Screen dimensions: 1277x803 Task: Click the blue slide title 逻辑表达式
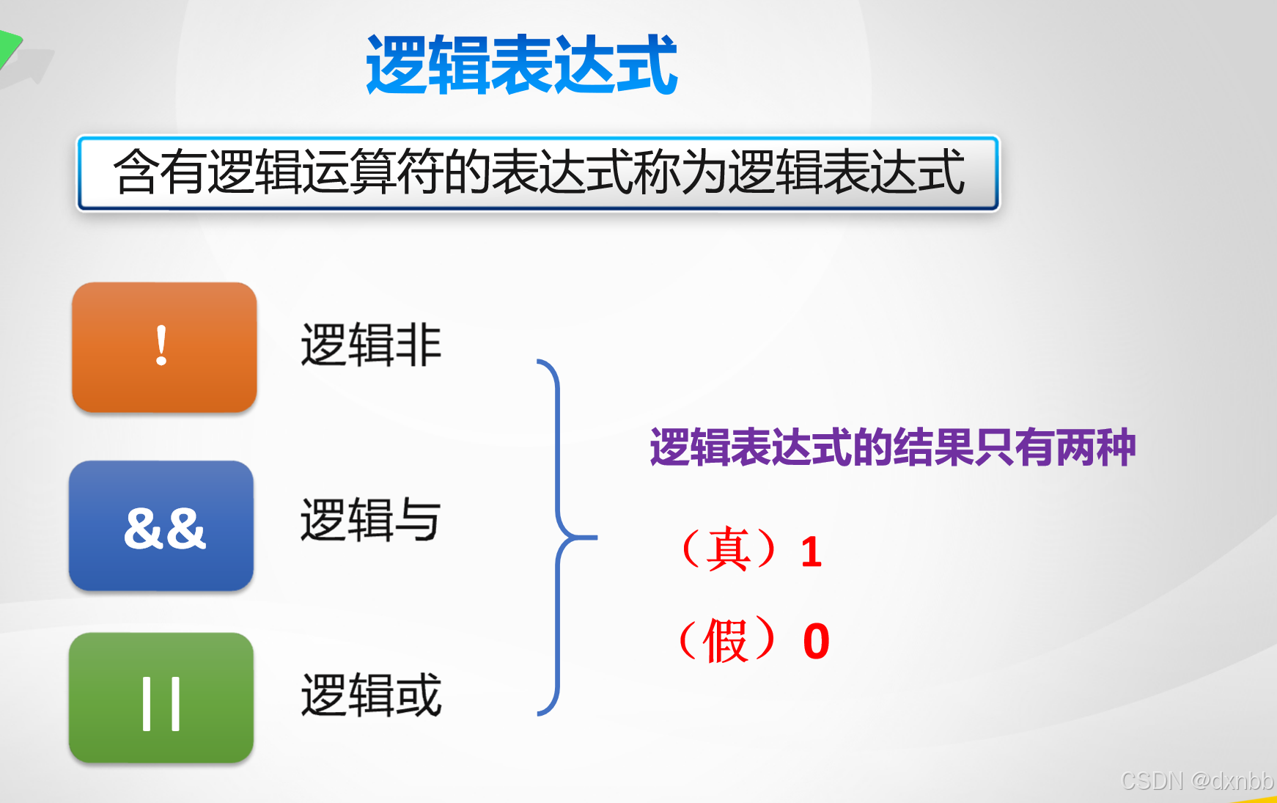coord(521,66)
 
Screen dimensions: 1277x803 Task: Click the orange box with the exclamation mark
coord(164,347)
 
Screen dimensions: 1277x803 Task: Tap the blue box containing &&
coord(161,526)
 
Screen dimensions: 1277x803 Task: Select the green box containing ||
coord(161,697)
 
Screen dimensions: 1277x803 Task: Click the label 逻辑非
coord(371,345)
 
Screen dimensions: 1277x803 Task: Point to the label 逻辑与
coord(371,520)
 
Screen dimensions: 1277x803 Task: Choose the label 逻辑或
coord(371,694)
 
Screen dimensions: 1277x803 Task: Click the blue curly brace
coord(561,538)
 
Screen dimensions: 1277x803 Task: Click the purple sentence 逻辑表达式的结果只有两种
coord(892,447)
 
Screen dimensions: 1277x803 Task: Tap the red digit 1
coord(811,552)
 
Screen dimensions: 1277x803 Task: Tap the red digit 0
coord(816,642)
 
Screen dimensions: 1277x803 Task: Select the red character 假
coord(726,640)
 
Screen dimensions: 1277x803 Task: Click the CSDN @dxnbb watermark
coord(1196,781)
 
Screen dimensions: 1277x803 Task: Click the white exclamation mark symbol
coord(161,345)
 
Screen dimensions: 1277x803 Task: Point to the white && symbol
coord(165,528)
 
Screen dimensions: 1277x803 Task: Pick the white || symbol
coord(161,704)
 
